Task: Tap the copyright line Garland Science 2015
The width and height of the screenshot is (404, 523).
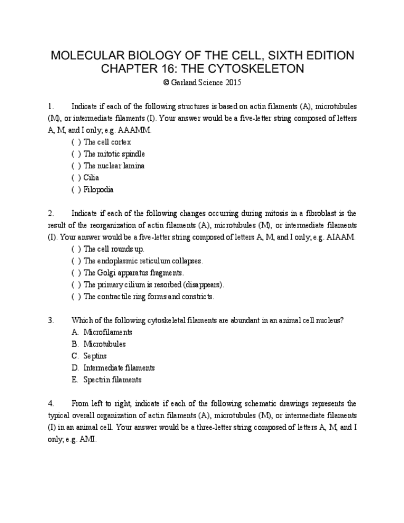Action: tap(202, 82)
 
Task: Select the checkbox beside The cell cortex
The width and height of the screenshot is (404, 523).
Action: tap(76, 142)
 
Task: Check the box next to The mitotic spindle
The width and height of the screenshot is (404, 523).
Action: tap(76, 154)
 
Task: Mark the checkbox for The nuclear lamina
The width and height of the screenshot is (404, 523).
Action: tap(76, 166)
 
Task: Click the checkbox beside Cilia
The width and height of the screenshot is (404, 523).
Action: tap(76, 178)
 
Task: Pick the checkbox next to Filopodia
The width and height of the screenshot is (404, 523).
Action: tap(76, 189)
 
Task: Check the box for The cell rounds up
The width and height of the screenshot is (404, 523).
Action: tap(76, 249)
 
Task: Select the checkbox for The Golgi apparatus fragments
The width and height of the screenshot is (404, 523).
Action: tap(76, 273)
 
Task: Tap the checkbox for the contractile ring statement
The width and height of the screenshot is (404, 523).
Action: tap(76, 297)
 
